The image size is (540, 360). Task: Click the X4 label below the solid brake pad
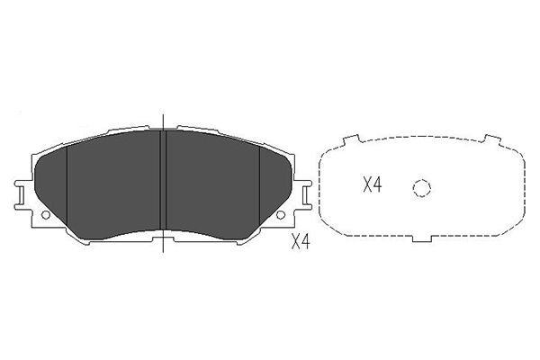tap(301, 241)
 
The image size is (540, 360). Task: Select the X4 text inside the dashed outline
tap(373, 184)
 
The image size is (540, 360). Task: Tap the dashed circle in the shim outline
tap(422, 188)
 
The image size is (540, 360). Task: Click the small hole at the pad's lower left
tap(46, 215)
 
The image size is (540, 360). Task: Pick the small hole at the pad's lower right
tap(281, 215)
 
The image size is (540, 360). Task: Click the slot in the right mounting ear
tap(305, 197)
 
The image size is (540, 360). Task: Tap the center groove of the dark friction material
tap(163, 180)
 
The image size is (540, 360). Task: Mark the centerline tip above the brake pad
tap(163, 114)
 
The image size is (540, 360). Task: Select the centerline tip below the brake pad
tap(163, 252)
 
